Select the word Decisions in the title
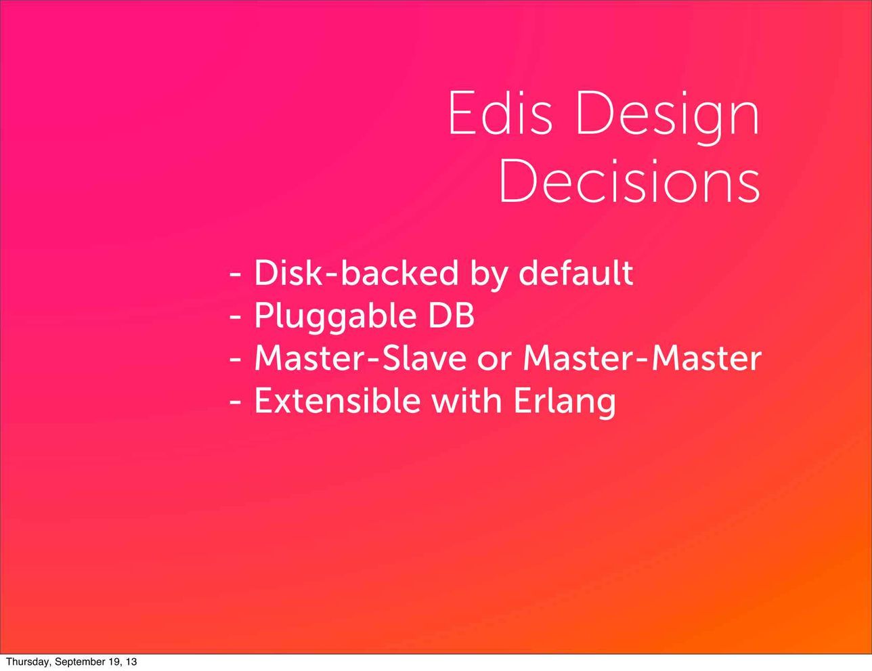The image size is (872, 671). point(630,182)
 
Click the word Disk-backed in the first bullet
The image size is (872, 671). point(355,273)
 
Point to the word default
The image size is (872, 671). point(575,273)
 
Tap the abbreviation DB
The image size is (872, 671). point(451,316)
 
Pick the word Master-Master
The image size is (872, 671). point(642,358)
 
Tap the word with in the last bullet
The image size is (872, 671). point(466,401)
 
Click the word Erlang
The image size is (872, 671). point(565,402)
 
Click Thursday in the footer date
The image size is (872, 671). point(24,662)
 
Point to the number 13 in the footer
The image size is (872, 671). point(130,662)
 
